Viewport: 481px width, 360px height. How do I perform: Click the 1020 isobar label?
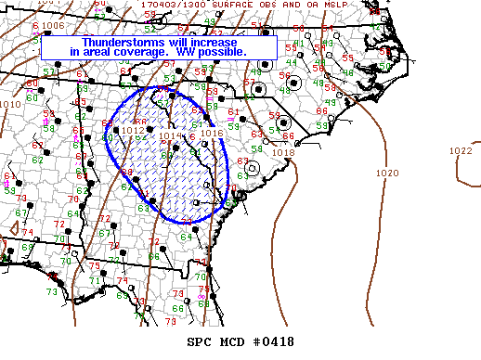pyautogui.click(x=388, y=174)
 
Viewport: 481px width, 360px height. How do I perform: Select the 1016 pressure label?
pyautogui.click(x=211, y=133)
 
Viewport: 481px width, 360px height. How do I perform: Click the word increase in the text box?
pyautogui.click(x=214, y=43)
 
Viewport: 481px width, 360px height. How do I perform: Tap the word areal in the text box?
pyautogui.click(x=105, y=52)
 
